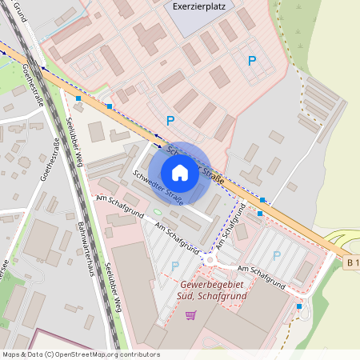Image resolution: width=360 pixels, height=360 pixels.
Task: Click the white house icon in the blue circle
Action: (x=180, y=173)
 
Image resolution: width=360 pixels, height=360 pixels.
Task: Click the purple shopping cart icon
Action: (x=190, y=315)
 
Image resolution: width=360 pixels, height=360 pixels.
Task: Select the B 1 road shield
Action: (x=352, y=262)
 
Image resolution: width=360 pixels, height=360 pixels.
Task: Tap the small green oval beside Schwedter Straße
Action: (x=158, y=212)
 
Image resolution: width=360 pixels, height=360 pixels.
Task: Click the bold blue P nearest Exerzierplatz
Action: (x=252, y=60)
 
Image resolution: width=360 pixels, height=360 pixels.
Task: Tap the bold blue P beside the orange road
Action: (x=170, y=121)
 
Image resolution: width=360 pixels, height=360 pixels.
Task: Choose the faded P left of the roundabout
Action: (x=175, y=265)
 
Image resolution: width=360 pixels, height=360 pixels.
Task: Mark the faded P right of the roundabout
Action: (x=277, y=255)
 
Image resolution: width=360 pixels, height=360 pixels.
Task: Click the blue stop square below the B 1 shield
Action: (x=299, y=306)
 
